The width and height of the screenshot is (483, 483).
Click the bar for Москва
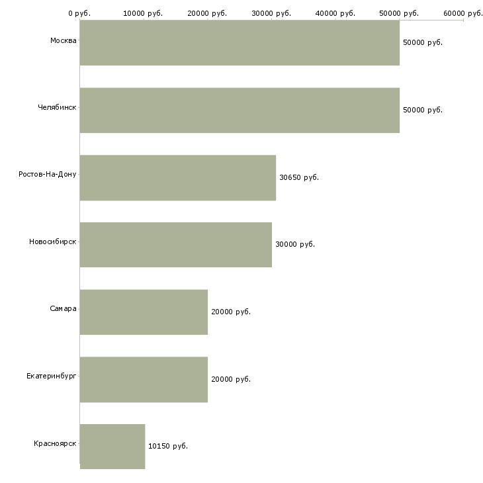[x=240, y=43]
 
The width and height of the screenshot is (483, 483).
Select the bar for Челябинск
[x=240, y=110]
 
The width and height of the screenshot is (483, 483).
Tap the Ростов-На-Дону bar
[x=178, y=178]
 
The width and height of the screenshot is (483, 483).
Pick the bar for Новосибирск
[x=176, y=245]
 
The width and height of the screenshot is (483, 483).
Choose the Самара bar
[x=144, y=312]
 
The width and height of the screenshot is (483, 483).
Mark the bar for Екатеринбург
[x=144, y=380]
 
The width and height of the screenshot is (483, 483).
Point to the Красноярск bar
[x=112, y=447]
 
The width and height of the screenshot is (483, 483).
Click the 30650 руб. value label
[x=299, y=177]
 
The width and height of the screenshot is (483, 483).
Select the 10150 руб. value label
[x=168, y=446]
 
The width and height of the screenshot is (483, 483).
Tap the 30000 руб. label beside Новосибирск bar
[x=295, y=244]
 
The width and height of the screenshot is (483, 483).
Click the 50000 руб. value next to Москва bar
[x=423, y=42]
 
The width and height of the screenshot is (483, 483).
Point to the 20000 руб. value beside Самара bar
[x=231, y=312]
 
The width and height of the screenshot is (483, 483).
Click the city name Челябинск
[x=57, y=107]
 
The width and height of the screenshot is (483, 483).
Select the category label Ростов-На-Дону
[x=48, y=175]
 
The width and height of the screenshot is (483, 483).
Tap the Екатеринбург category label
[x=51, y=376]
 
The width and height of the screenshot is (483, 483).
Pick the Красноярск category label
[x=55, y=443]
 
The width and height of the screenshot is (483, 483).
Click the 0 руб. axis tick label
[x=79, y=13]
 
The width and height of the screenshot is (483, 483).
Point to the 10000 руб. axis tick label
[x=143, y=13]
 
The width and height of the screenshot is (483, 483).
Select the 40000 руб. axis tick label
[x=335, y=13]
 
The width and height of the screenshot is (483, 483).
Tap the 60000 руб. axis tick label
[x=463, y=13]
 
